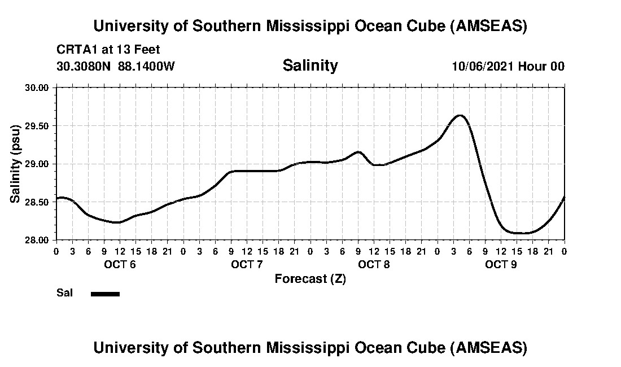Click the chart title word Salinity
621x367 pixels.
pyautogui.click(x=310, y=65)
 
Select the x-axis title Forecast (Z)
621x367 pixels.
pyautogui.click(x=310, y=278)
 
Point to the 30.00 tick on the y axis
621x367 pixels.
pyautogui.click(x=38, y=88)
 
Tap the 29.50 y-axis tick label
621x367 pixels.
pyautogui.click(x=38, y=126)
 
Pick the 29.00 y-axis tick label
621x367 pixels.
pyautogui.click(x=38, y=164)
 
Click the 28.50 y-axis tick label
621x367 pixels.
pyautogui.click(x=38, y=202)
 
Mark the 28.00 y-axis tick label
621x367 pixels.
pyautogui.click(x=38, y=240)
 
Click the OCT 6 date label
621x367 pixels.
pyautogui.click(x=120, y=264)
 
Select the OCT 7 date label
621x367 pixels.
pyautogui.click(x=247, y=264)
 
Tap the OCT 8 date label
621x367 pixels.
pyautogui.click(x=374, y=264)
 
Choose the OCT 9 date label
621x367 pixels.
pyautogui.click(x=501, y=264)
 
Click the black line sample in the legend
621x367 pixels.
pyautogui.click(x=105, y=294)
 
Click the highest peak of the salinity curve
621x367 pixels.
pyautogui.click(x=460, y=115)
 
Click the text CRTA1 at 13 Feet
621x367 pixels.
pyautogui.click(x=108, y=50)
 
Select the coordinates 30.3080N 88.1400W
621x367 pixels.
pyautogui.click(x=116, y=66)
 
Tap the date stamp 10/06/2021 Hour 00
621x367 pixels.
pyautogui.click(x=508, y=66)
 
